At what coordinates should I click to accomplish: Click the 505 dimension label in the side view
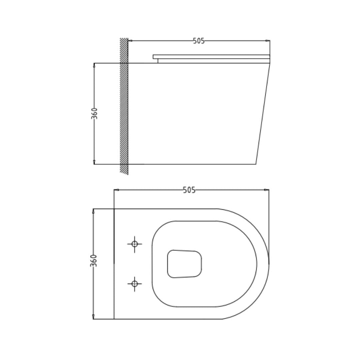point(199,41)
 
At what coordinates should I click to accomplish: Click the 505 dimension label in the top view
point(189,190)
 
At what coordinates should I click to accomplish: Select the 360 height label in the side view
point(95,113)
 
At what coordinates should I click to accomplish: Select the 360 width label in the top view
point(94,260)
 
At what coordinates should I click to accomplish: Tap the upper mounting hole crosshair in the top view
point(135,244)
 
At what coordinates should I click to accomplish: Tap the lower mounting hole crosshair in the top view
point(135,284)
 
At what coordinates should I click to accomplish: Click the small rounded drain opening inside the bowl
point(184,264)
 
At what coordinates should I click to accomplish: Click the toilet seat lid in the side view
point(211,57)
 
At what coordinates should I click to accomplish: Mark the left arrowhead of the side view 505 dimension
point(130,41)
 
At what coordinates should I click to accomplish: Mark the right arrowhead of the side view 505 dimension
point(268,41)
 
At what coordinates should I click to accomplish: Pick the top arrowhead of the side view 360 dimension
point(94,65)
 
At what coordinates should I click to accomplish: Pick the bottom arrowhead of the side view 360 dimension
point(94,162)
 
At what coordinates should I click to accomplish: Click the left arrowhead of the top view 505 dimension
point(116,190)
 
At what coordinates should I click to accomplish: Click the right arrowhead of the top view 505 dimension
point(267,190)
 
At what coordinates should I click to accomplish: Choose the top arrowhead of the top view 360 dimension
point(93,211)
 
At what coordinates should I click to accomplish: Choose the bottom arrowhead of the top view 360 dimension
point(93,317)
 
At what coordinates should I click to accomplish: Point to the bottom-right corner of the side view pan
point(256,164)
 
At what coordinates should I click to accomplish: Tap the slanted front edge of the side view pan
point(263,113)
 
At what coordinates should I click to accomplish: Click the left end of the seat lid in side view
point(154,57)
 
